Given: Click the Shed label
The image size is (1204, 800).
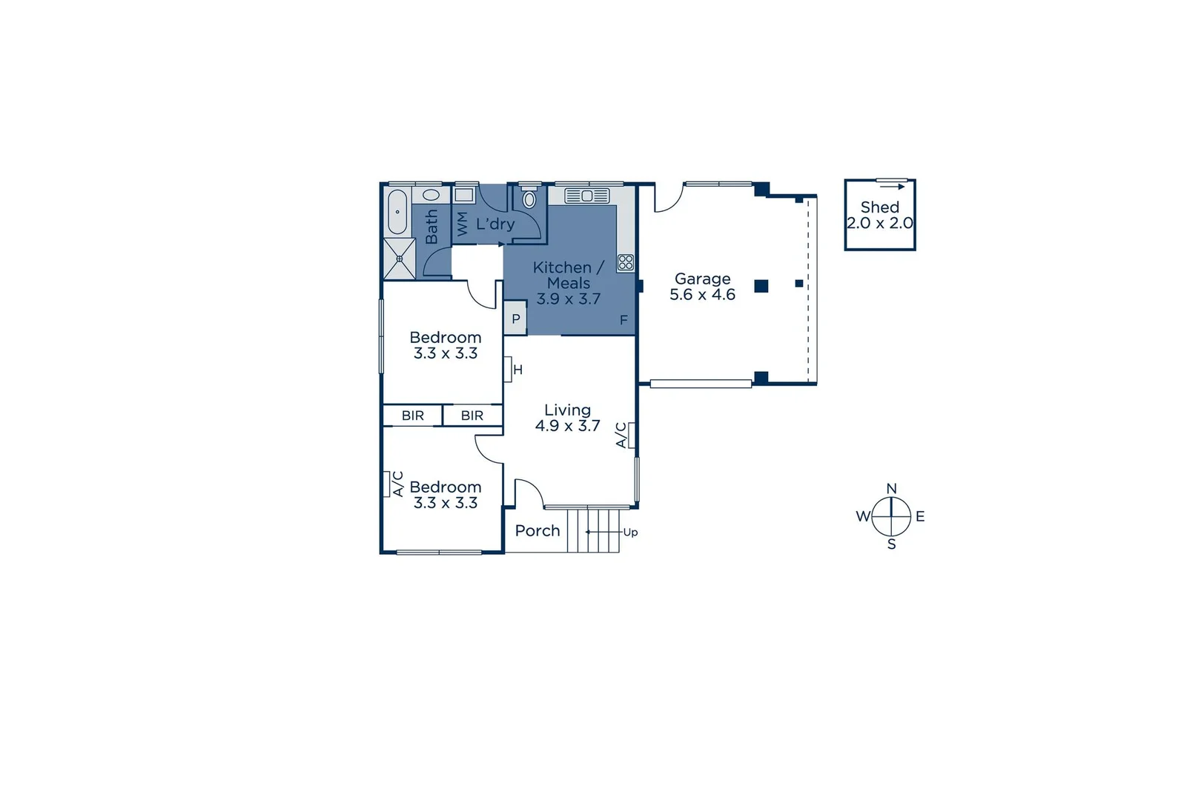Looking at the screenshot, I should (879, 207).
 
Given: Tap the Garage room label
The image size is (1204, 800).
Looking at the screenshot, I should (702, 279).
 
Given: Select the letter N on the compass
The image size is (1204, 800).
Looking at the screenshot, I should (891, 489).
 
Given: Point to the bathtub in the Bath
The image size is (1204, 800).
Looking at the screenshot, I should (397, 212).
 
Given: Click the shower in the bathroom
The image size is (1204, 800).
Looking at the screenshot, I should (399, 259).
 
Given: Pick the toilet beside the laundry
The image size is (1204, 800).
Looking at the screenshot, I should (529, 199).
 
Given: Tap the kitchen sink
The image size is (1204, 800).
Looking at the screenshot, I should (586, 196).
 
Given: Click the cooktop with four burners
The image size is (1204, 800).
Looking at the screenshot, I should (626, 262).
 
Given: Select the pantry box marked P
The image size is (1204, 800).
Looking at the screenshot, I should (515, 319).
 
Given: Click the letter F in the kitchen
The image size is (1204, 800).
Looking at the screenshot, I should (623, 320).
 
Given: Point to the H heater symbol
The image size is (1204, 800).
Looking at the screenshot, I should (517, 370).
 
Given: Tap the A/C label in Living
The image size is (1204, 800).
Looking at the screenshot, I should (622, 435).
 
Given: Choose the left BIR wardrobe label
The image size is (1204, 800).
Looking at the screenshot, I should (413, 416).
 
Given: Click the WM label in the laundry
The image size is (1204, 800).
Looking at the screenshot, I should (463, 224).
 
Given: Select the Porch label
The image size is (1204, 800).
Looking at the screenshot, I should (537, 530).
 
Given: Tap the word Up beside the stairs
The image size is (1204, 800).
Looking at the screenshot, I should (630, 532).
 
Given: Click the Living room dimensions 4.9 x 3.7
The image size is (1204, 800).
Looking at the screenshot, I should (567, 426).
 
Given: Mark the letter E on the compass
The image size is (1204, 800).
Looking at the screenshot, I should (920, 516).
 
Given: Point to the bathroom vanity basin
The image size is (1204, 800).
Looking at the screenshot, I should (431, 196).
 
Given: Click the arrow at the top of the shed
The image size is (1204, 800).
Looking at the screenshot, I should (892, 186).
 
